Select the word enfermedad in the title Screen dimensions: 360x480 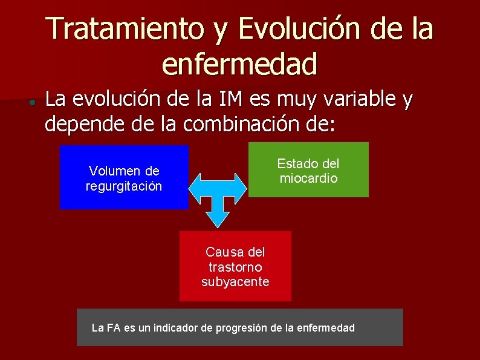(x=240, y=63)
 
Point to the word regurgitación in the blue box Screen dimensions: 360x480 (x=124, y=186)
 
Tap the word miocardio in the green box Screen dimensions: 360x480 (x=308, y=178)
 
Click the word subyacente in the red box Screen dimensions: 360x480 (x=235, y=282)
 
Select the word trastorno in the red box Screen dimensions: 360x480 (x=235, y=267)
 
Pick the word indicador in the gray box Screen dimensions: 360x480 (x=175, y=328)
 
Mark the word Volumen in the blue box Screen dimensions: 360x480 (x=109, y=171)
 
